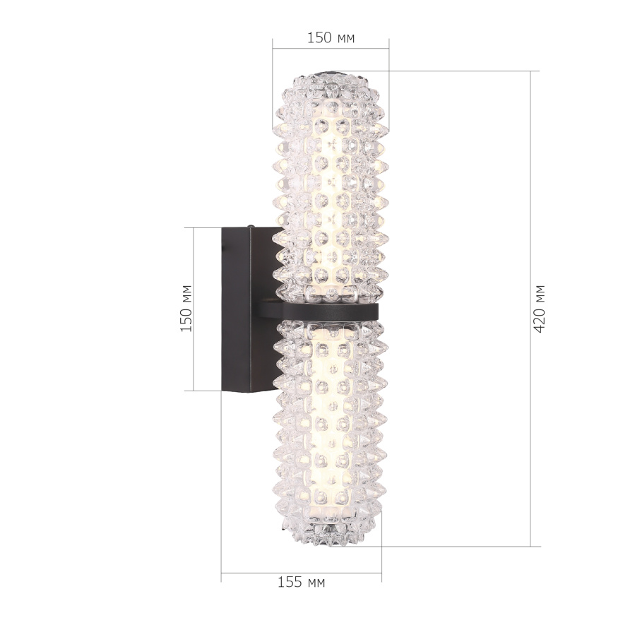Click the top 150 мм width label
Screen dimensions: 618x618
tap(331, 38)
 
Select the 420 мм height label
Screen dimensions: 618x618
tap(540, 309)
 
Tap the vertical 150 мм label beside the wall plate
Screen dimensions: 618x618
tap(186, 309)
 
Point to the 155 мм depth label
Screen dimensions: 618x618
tap(301, 583)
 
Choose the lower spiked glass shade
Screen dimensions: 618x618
tap(331, 431)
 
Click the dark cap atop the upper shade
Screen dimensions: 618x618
tap(331, 72)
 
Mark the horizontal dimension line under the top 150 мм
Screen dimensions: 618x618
tap(331, 49)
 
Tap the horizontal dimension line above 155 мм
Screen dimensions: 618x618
tap(301, 572)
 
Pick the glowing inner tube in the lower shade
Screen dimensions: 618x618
tap(331, 424)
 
